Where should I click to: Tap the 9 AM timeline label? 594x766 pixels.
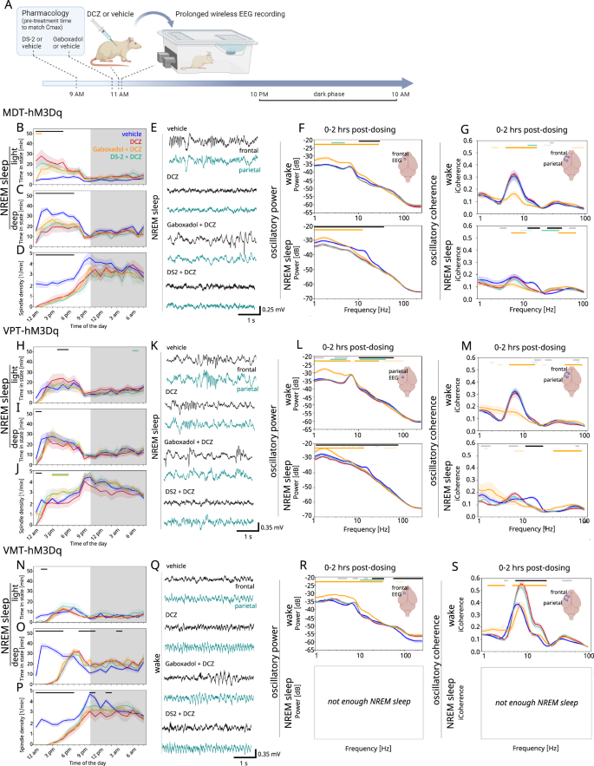(77, 93)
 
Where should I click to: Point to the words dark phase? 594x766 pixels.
(330, 93)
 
